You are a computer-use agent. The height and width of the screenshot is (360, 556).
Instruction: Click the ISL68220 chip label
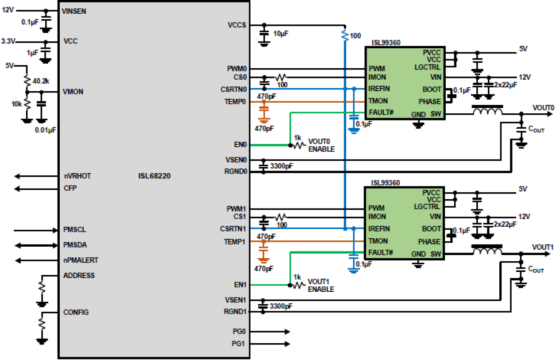(154, 176)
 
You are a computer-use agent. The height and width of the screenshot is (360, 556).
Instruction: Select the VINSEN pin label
(75, 12)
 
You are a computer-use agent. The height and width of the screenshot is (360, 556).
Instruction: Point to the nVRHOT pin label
(77, 176)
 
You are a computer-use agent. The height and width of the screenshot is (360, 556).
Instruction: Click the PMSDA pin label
(75, 245)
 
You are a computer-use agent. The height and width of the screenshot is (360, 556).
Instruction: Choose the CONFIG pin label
(76, 312)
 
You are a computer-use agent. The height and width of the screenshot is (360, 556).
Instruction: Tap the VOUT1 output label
(543, 247)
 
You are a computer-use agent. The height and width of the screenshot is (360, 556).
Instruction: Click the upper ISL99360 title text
(386, 43)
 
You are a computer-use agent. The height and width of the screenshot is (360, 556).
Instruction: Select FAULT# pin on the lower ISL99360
(381, 252)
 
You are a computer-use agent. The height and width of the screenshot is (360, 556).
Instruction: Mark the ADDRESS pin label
(79, 275)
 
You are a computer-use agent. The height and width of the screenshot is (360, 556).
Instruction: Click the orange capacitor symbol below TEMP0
(264, 114)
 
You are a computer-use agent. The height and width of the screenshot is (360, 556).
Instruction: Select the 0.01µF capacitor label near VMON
(46, 129)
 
